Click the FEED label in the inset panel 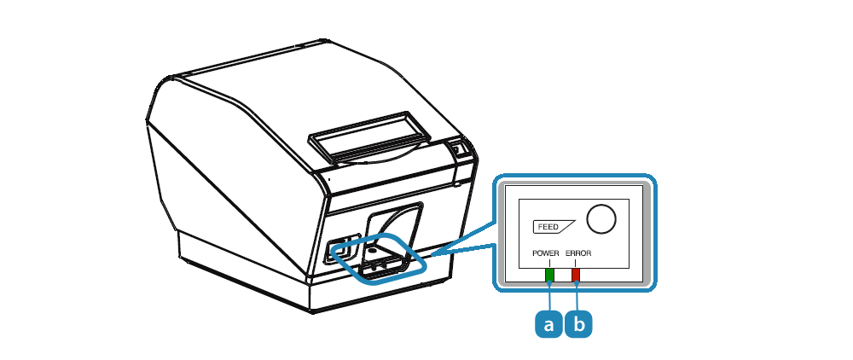548,228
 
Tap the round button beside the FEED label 602,218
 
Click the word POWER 546,253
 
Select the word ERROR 577,253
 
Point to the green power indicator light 549,275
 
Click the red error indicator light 577,275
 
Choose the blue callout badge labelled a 548,324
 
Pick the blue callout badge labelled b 578,324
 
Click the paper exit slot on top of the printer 369,136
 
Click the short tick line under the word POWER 549,263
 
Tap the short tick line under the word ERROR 577,263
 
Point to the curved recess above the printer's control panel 392,218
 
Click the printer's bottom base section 256,273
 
